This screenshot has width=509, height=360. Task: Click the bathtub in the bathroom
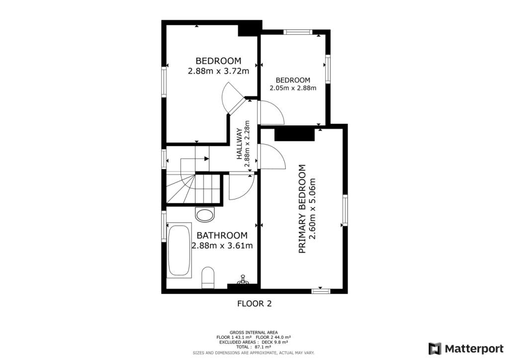(x=179, y=251)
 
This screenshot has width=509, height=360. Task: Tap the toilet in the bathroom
(x=208, y=277)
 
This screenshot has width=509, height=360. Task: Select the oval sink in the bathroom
(x=205, y=215)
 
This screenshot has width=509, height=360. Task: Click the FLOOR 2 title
(x=254, y=303)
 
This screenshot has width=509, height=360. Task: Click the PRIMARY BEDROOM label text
(x=302, y=209)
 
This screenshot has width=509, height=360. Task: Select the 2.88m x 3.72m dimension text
(x=218, y=71)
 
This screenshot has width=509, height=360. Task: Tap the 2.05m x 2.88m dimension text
(x=293, y=89)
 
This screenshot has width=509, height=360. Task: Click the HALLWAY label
(x=239, y=144)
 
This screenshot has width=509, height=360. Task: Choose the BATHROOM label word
(x=222, y=235)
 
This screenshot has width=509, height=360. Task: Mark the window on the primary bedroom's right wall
(x=344, y=210)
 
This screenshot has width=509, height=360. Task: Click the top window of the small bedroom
(x=299, y=32)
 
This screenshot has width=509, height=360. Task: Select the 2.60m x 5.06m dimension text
(x=313, y=209)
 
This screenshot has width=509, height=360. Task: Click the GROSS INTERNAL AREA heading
(x=254, y=332)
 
